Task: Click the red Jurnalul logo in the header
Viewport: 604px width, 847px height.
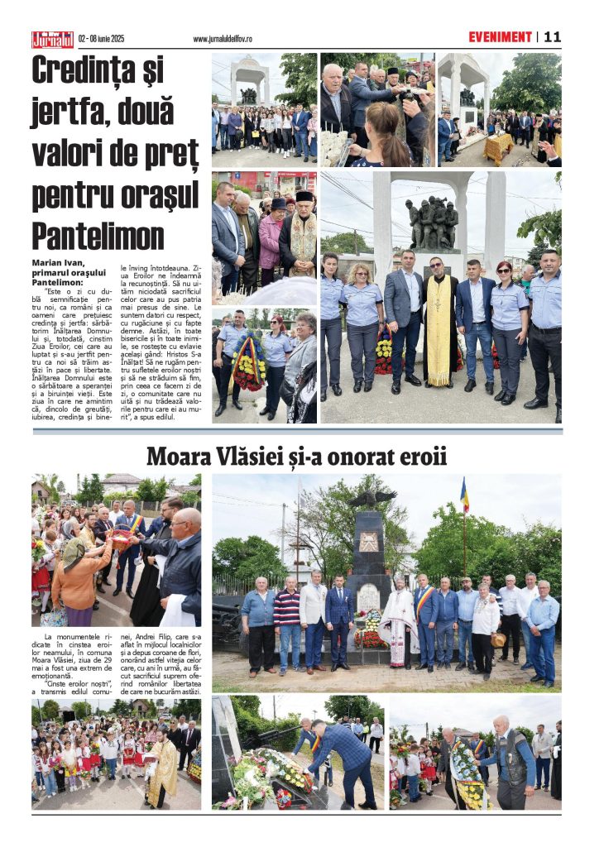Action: pos(53,39)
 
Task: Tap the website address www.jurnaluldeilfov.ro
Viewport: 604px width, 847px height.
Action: pos(223,39)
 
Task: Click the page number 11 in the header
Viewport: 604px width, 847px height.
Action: pos(553,37)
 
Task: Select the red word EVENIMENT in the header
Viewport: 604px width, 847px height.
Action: pos(500,37)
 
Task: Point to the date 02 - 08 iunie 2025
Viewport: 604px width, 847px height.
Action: pos(101,39)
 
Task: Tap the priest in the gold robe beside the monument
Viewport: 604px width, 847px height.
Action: pos(439,327)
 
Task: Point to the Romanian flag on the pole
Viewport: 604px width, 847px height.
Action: pos(464,495)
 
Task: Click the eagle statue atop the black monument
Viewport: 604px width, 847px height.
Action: pos(372,498)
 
